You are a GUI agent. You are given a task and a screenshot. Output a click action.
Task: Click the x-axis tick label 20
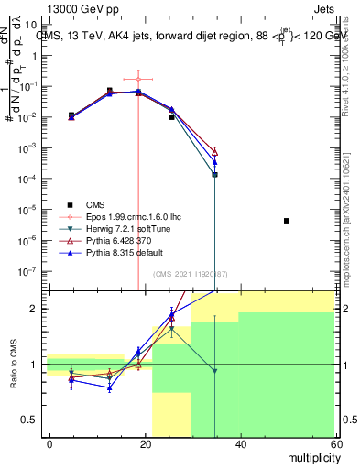pos(145,444)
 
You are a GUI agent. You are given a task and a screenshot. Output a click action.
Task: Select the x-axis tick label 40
pos(240,444)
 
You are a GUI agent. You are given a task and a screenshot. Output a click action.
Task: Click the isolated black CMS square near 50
pos(287,221)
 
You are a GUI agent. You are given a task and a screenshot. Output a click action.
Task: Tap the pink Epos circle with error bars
pos(138,80)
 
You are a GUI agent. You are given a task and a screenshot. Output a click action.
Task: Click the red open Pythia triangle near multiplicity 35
pos(214,151)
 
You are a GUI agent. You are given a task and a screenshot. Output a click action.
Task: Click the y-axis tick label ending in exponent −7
pos(32,271)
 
